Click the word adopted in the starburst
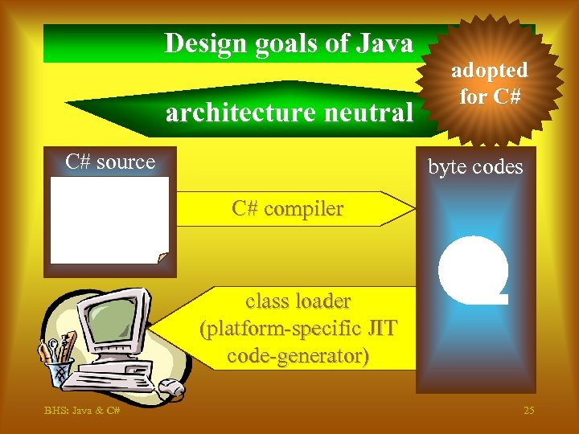pos(489,71)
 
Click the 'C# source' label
pos(110,162)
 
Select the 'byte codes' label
pos(475,167)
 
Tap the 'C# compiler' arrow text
pos(287,209)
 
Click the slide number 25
pos(528,411)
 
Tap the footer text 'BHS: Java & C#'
pos(83,411)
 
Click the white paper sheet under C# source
pos(109,219)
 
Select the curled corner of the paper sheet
pos(162,257)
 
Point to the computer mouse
pos(170,389)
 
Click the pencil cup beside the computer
pos(57,371)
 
